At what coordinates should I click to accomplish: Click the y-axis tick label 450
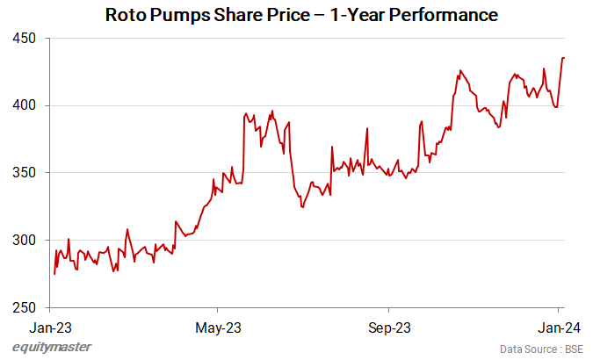[x=25, y=39]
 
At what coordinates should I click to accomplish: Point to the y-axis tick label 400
[x=25, y=105]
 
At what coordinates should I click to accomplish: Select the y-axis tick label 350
[x=25, y=173]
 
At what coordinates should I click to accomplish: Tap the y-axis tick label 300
[x=25, y=240]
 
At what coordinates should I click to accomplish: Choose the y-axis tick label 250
[x=25, y=307]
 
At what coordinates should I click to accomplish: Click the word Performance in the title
[x=444, y=15]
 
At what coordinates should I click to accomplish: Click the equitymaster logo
[x=52, y=347]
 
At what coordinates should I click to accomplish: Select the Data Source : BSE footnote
[x=539, y=349]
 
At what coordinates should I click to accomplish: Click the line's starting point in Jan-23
[x=54, y=274]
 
